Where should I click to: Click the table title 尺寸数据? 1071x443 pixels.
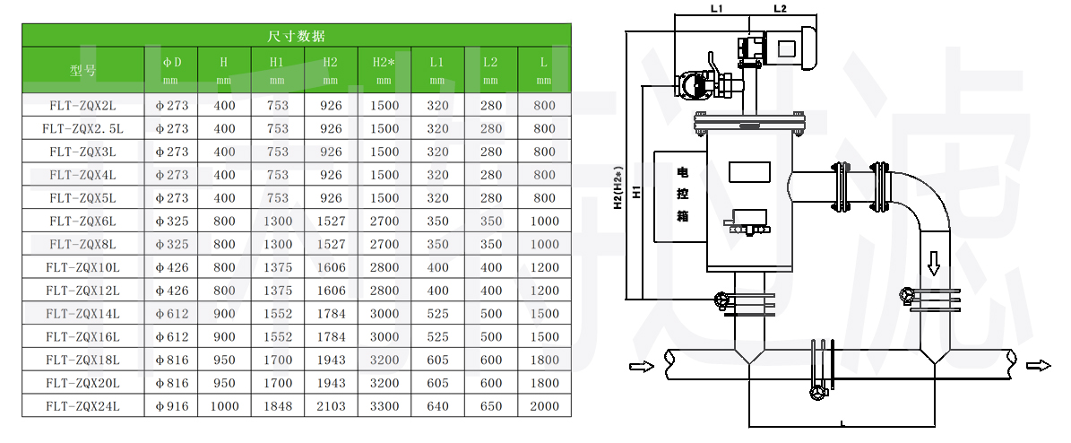(x=297, y=36)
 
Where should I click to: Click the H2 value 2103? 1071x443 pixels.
(x=331, y=406)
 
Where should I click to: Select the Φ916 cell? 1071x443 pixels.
(x=172, y=406)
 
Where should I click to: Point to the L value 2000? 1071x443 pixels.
(x=543, y=406)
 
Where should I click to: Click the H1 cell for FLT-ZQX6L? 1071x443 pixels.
(x=278, y=221)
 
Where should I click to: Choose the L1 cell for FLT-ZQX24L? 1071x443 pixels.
(x=437, y=406)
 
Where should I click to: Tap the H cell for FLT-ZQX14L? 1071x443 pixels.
(x=224, y=313)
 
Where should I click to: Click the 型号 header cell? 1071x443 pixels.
(x=83, y=69)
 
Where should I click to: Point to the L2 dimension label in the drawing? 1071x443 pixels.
(x=779, y=9)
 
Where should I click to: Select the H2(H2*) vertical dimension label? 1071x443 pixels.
(x=618, y=188)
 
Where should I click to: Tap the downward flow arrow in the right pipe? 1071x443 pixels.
(x=933, y=262)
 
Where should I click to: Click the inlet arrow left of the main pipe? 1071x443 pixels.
(x=638, y=365)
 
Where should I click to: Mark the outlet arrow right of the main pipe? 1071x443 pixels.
(x=1039, y=365)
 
